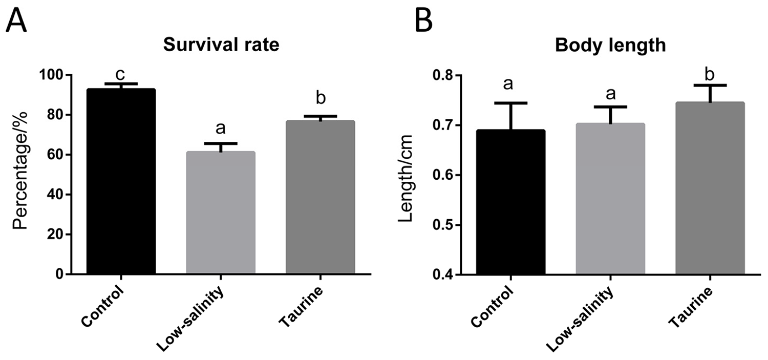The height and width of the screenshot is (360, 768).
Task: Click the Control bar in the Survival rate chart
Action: coord(121,182)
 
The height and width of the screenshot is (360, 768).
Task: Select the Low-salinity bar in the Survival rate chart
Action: coord(221,213)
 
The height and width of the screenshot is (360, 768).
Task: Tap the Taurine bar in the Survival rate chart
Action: coord(320,198)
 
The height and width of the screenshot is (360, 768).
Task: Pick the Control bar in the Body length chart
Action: coord(510,202)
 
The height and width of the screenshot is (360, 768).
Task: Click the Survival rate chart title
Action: coord(221,46)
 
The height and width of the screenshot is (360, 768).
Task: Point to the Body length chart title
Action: coord(610,46)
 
